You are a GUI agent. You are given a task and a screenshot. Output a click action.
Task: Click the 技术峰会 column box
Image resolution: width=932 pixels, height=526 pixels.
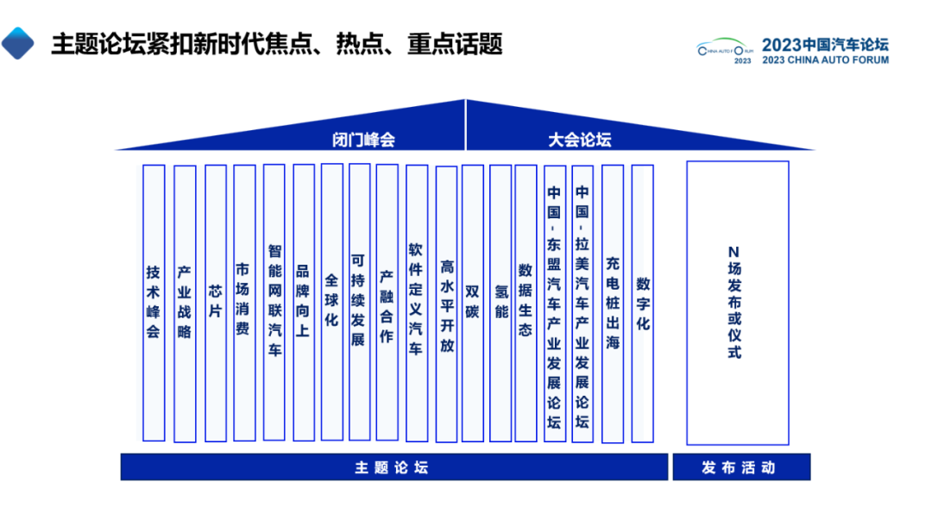(154, 303)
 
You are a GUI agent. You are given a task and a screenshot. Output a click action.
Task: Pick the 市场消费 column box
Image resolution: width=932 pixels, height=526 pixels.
(244, 303)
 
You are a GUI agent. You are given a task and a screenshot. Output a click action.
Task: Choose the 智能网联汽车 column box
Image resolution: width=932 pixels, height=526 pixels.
(274, 302)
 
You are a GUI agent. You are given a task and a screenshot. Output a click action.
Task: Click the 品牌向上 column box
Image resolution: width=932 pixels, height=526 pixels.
(304, 302)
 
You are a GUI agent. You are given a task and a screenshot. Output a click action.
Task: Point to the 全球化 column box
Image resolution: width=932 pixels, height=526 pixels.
(332, 302)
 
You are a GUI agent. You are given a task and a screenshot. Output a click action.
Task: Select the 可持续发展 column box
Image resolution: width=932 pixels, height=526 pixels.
(359, 302)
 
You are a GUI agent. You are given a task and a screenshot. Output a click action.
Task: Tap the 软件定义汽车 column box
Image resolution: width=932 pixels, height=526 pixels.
(416, 302)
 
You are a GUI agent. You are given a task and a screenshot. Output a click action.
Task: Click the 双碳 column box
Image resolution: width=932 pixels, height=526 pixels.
(473, 303)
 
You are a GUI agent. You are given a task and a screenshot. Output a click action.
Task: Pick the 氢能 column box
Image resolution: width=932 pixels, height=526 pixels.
(501, 303)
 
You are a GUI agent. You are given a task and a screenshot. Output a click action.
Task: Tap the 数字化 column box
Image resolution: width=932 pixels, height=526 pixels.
(643, 303)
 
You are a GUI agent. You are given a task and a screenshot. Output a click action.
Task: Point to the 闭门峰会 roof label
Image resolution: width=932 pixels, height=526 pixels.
(363, 140)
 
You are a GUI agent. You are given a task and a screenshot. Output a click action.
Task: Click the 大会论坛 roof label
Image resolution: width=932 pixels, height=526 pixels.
(580, 140)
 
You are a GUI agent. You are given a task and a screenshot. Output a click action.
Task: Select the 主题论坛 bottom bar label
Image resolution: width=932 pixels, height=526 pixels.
(392, 468)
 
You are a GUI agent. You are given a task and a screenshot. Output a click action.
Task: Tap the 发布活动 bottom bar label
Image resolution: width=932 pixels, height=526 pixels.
(739, 468)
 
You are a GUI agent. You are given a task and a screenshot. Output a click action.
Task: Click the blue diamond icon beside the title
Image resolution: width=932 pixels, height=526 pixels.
(17, 42)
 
